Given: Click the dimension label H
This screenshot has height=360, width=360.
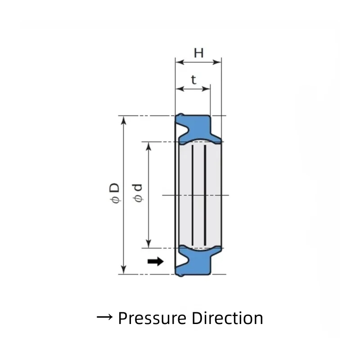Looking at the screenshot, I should tap(198, 53).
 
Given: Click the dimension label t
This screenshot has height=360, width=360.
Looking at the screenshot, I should tap(193, 80).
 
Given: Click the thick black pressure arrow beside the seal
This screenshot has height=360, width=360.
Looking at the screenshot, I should tap(156, 261).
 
